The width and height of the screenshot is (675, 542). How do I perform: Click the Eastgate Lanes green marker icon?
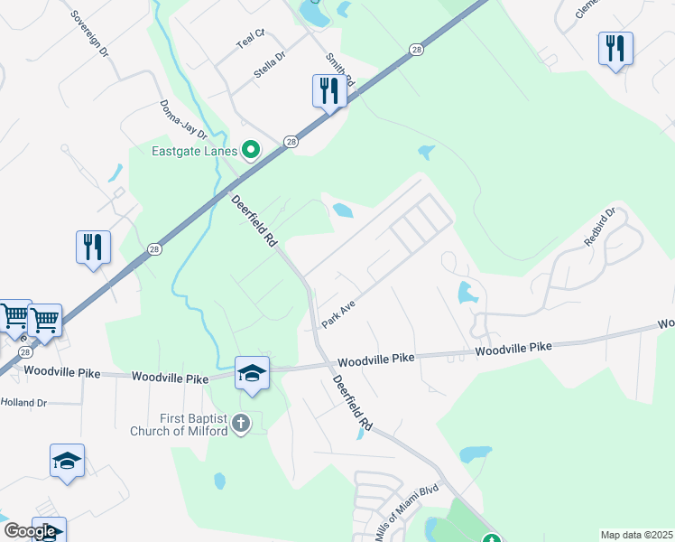point(252,151)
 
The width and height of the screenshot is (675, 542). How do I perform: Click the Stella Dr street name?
point(269,66)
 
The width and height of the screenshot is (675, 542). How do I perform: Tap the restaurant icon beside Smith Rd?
point(328,91)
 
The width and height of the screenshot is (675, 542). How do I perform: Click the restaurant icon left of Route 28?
point(93,248)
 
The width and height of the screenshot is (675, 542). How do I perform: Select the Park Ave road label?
point(338,315)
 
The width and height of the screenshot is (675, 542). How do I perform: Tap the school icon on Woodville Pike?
point(252,373)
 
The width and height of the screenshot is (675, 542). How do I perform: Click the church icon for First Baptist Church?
point(240,422)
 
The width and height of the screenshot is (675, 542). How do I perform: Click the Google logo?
point(29,531)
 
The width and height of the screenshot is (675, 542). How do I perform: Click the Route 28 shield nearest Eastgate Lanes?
point(291,142)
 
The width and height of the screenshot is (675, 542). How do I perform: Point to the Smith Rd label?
point(341,72)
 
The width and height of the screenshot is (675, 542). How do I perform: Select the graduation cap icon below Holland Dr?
point(68,460)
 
